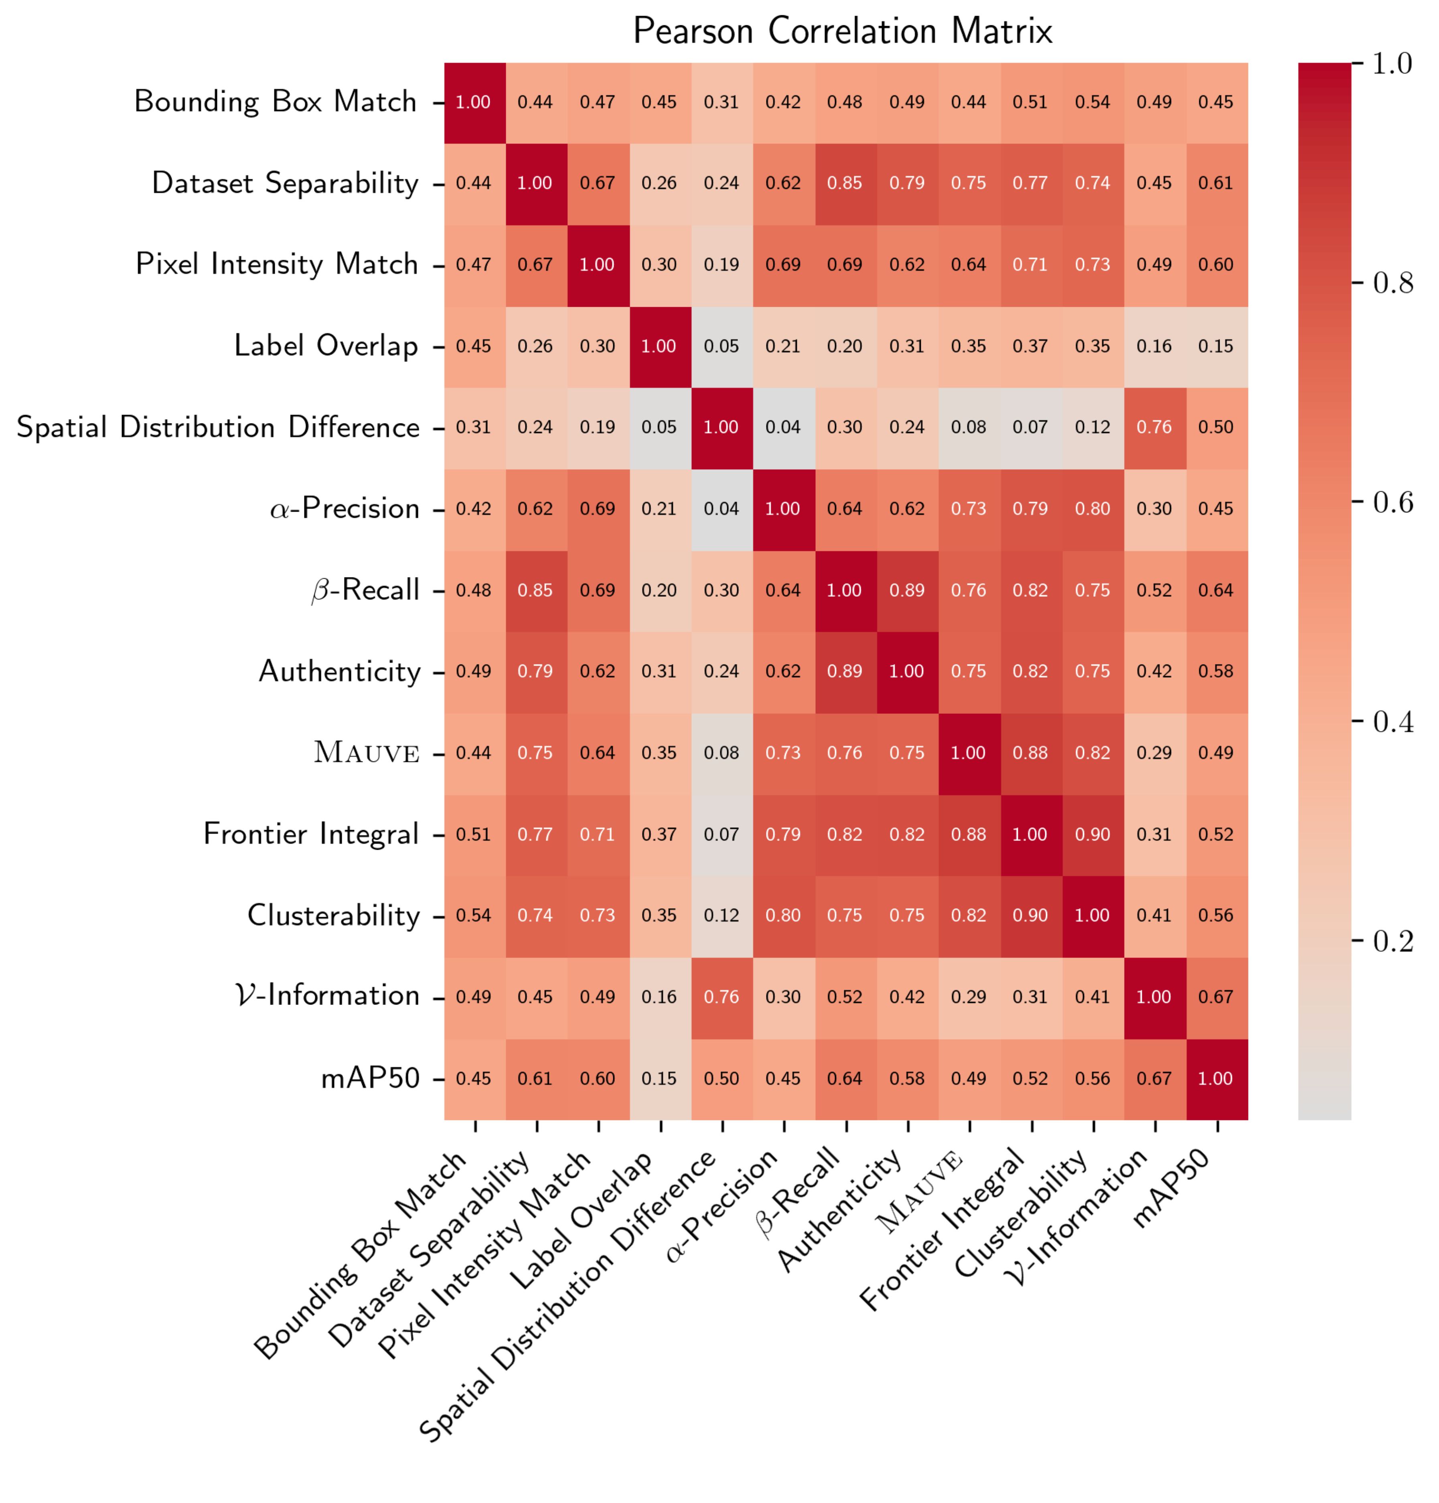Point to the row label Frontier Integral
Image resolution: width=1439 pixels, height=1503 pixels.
pos(311,835)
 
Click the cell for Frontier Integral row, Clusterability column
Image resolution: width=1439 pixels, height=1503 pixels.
pos(1092,835)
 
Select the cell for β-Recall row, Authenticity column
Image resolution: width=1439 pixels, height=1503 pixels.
pos(907,590)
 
